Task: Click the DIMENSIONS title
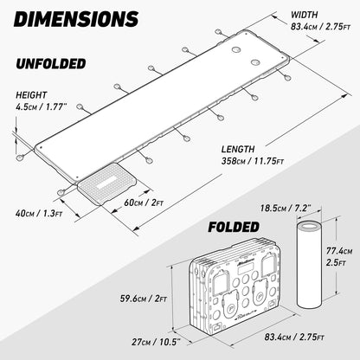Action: (76, 19)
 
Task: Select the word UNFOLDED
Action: (51, 64)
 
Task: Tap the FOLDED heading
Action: (234, 227)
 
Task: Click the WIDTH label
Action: (304, 15)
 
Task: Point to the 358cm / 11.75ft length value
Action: (253, 161)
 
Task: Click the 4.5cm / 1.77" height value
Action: (42, 107)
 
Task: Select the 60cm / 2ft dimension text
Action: (144, 202)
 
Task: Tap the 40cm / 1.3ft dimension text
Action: (39, 214)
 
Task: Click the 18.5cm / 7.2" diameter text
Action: (286, 208)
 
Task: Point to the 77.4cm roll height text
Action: (339, 251)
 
